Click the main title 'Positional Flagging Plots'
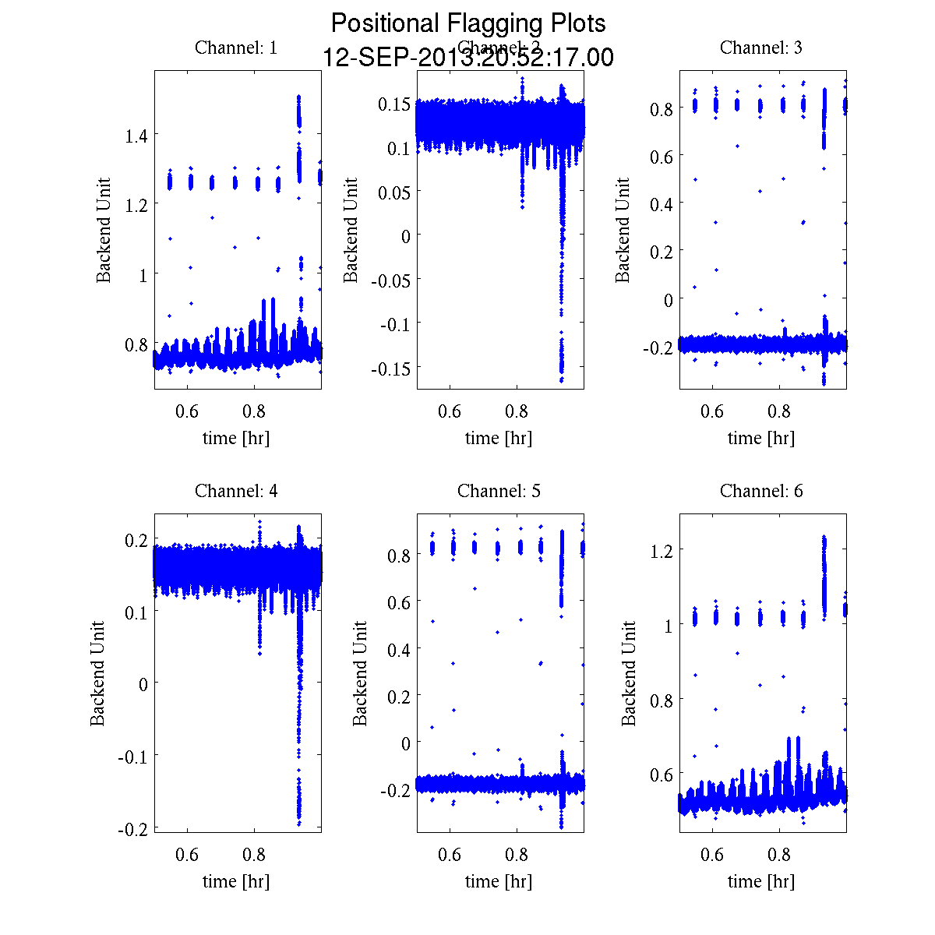pyautogui.click(x=467, y=23)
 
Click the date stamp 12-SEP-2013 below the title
pyautogui.click(x=467, y=58)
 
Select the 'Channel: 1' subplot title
pyautogui.click(x=236, y=48)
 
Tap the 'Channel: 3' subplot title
pyautogui.click(x=761, y=48)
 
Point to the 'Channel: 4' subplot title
pyautogui.click(x=236, y=491)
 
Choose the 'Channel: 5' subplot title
pyautogui.click(x=499, y=491)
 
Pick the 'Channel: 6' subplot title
pyautogui.click(x=761, y=491)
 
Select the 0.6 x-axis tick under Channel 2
pyautogui.click(x=450, y=412)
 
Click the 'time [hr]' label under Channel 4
pyautogui.click(x=236, y=881)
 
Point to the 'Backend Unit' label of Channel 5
pyautogui.click(x=360, y=674)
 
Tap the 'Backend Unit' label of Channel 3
pyautogui.click(x=623, y=231)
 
